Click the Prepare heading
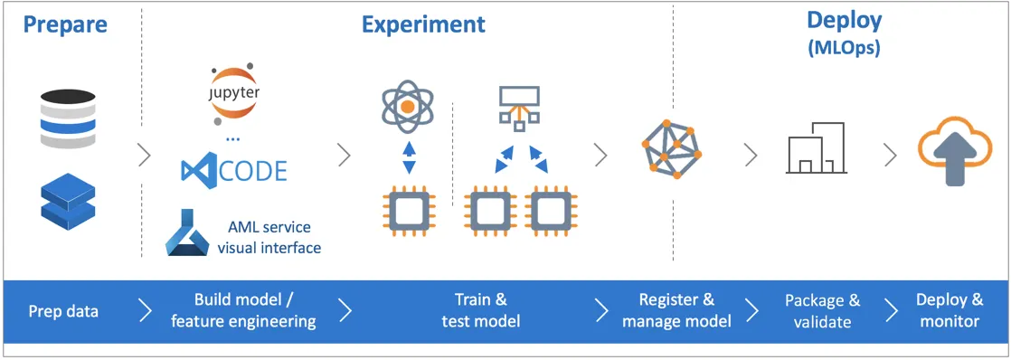click(x=65, y=24)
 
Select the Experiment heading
click(x=423, y=24)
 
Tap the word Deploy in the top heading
click(x=844, y=21)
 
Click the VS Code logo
click(x=234, y=170)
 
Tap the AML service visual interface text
click(x=269, y=237)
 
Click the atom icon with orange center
click(x=408, y=106)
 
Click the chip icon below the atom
click(x=408, y=211)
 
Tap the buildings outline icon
click(x=817, y=147)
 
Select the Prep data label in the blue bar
click(x=63, y=312)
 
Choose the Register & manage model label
click(x=676, y=310)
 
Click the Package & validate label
click(x=822, y=310)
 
